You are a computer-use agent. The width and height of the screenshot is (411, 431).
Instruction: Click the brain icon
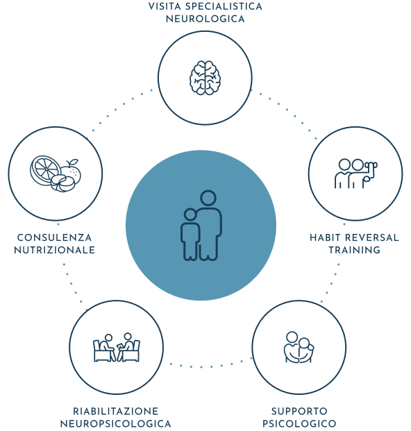point(205,78)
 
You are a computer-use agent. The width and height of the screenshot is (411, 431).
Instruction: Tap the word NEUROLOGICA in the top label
point(205,19)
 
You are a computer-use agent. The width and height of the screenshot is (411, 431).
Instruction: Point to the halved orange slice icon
point(45,171)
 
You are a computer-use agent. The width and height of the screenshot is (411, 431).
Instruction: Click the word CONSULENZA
point(54,237)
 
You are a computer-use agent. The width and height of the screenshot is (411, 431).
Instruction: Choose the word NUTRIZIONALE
point(54,250)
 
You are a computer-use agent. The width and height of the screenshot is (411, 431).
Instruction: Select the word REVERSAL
point(372,237)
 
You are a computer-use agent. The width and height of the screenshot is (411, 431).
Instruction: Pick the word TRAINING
point(355,250)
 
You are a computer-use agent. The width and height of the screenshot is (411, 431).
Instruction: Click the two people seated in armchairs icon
point(117,348)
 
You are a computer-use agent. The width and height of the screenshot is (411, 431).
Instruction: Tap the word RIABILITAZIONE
point(116,411)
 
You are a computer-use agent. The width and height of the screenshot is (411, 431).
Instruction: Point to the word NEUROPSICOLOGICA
point(116,423)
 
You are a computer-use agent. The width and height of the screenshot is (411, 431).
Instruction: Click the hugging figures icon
point(299,348)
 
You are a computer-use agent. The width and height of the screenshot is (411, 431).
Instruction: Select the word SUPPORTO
point(299,411)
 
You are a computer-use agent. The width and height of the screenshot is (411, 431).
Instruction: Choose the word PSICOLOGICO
point(299,423)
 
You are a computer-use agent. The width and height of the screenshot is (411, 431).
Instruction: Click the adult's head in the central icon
point(208,198)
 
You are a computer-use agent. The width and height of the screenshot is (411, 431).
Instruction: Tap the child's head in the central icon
point(190,214)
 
